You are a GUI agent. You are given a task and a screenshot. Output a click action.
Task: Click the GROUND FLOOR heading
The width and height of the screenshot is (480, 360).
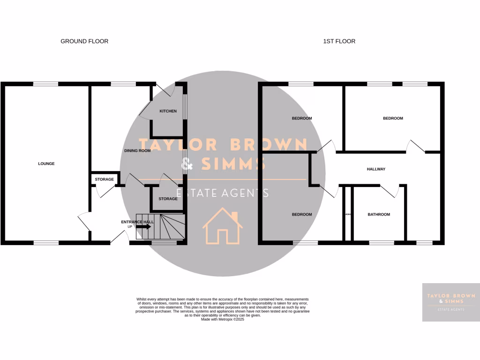[x=84, y=41]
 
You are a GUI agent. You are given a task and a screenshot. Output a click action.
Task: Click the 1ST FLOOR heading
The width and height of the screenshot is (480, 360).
[x=339, y=41]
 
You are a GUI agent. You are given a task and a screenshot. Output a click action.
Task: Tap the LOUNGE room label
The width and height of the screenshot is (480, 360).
[x=46, y=164]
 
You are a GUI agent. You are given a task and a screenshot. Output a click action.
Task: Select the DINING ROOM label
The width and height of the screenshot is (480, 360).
[x=137, y=151]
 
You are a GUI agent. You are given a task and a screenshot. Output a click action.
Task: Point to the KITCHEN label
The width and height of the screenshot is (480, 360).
[x=168, y=111]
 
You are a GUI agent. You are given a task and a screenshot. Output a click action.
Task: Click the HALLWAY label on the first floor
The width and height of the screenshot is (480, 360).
[x=375, y=169]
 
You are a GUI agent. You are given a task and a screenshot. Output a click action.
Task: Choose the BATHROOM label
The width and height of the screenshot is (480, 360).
[x=378, y=215]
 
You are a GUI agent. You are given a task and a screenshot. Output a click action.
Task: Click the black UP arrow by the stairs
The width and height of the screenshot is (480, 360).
[x=143, y=226]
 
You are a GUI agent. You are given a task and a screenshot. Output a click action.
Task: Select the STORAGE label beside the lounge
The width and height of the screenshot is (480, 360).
[x=104, y=180]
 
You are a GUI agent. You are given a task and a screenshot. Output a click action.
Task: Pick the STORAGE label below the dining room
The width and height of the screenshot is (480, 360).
[x=168, y=199]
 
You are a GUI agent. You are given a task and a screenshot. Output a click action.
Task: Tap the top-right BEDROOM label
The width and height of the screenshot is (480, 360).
[x=393, y=119]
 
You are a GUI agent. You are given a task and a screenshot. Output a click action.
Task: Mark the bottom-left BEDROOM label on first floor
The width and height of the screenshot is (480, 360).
[x=301, y=215]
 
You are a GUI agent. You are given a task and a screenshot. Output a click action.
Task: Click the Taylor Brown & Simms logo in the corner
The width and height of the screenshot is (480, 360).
[x=450, y=302]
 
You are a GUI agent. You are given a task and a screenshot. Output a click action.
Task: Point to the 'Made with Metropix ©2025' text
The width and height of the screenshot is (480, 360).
[x=223, y=319]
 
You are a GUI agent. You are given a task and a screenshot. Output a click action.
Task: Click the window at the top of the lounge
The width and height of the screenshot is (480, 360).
[x=46, y=84]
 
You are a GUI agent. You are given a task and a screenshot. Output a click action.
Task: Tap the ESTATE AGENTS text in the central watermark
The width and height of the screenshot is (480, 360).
[x=222, y=193]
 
